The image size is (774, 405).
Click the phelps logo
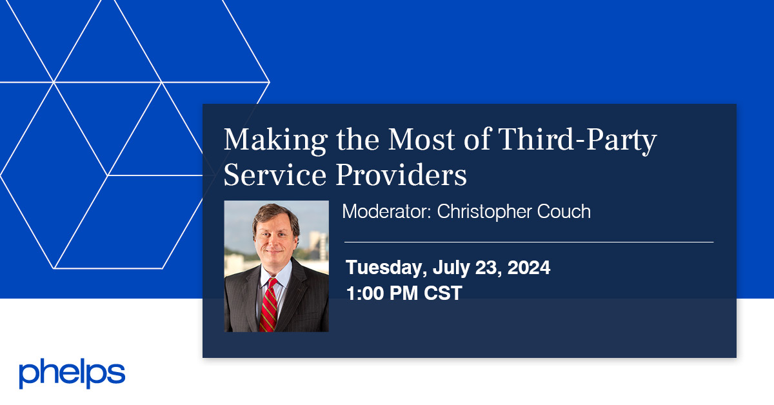72,373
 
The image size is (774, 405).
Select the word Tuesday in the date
384,268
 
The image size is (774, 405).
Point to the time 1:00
364,293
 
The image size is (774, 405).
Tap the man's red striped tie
269,303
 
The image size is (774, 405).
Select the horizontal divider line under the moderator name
529,242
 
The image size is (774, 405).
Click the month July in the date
450,268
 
